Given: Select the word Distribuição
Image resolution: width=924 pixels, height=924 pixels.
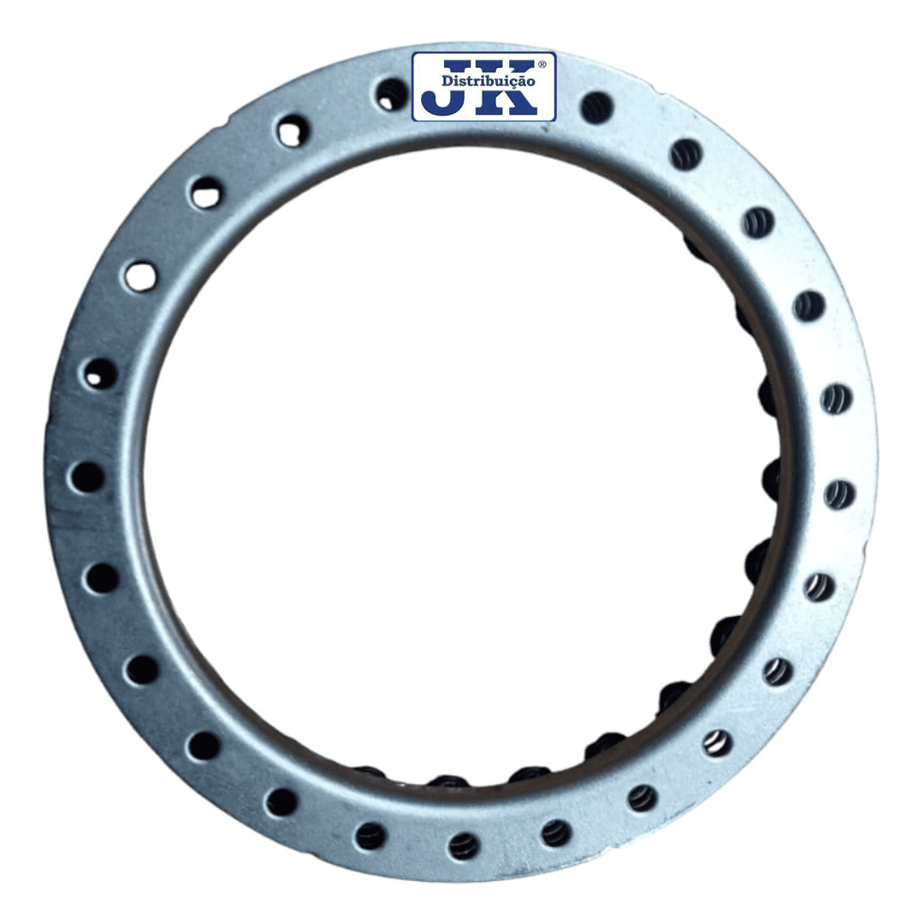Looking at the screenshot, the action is [489, 80].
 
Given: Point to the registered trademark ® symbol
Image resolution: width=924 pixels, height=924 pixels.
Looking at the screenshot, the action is [542, 63].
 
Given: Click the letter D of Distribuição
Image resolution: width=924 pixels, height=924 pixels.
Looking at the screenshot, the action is [447, 80].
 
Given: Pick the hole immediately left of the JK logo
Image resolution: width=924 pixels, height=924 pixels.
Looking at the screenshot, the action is [392, 94].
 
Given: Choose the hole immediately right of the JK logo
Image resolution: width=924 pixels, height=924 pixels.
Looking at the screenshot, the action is [596, 107].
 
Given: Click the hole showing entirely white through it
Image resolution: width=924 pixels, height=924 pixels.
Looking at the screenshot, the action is [140, 276].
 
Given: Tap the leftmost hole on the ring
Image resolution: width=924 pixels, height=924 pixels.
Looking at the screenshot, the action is [87, 477].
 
